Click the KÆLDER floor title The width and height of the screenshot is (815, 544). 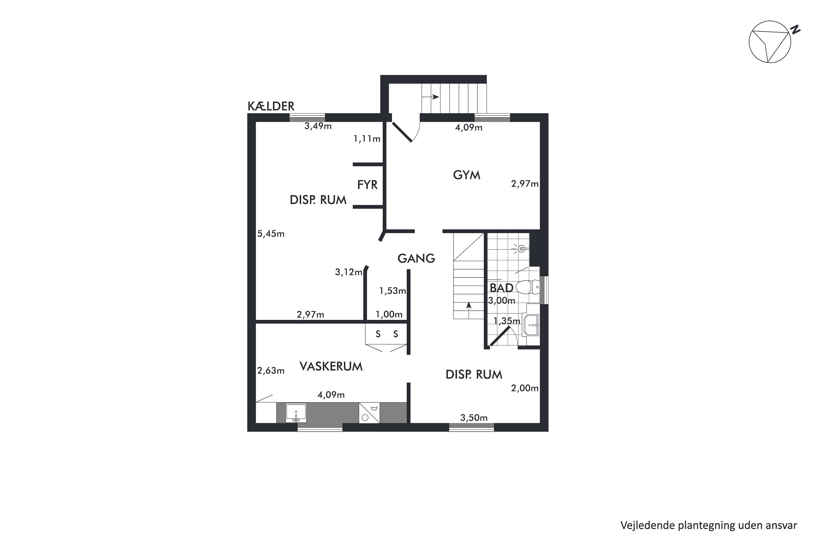(271, 106)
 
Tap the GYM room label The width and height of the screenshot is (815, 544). (466, 175)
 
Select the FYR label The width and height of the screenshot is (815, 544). (367, 185)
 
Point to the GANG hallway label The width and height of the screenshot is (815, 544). (416, 258)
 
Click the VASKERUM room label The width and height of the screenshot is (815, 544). (331, 367)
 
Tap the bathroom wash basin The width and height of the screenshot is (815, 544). (531, 325)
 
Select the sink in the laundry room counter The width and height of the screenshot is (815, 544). (296, 413)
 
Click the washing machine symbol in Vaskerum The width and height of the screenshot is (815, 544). (369, 413)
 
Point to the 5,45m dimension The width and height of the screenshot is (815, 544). (271, 234)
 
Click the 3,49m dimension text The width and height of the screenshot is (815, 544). (318, 126)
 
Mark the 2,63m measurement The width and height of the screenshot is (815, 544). (271, 371)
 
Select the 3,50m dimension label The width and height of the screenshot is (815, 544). (474, 418)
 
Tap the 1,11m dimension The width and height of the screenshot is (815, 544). (366, 139)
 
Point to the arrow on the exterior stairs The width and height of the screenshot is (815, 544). (430, 97)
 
